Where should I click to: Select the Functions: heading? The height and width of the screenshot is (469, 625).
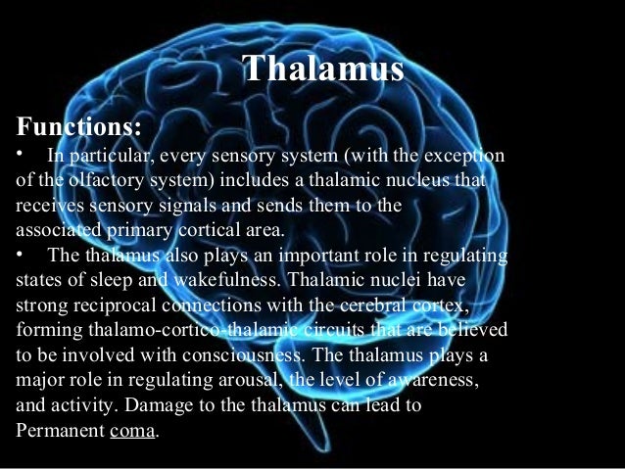(x=79, y=127)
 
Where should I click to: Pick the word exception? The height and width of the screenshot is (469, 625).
(x=463, y=156)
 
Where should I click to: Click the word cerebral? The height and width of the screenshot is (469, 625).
(x=375, y=306)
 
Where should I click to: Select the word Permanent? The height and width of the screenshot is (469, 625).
(x=58, y=430)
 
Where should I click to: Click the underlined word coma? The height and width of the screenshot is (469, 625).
(x=130, y=430)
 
